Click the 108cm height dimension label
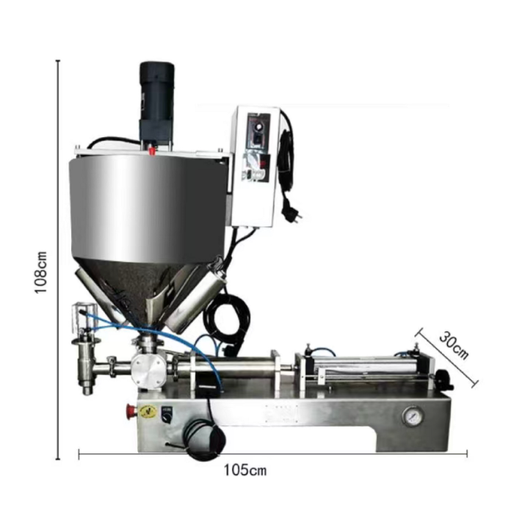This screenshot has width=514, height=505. [41, 272]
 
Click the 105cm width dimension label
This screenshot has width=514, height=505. [245, 471]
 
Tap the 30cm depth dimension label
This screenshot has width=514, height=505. [454, 346]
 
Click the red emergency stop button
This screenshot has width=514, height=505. [131, 410]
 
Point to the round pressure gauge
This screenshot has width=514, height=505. [413, 416]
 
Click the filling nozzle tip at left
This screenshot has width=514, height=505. [87, 390]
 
